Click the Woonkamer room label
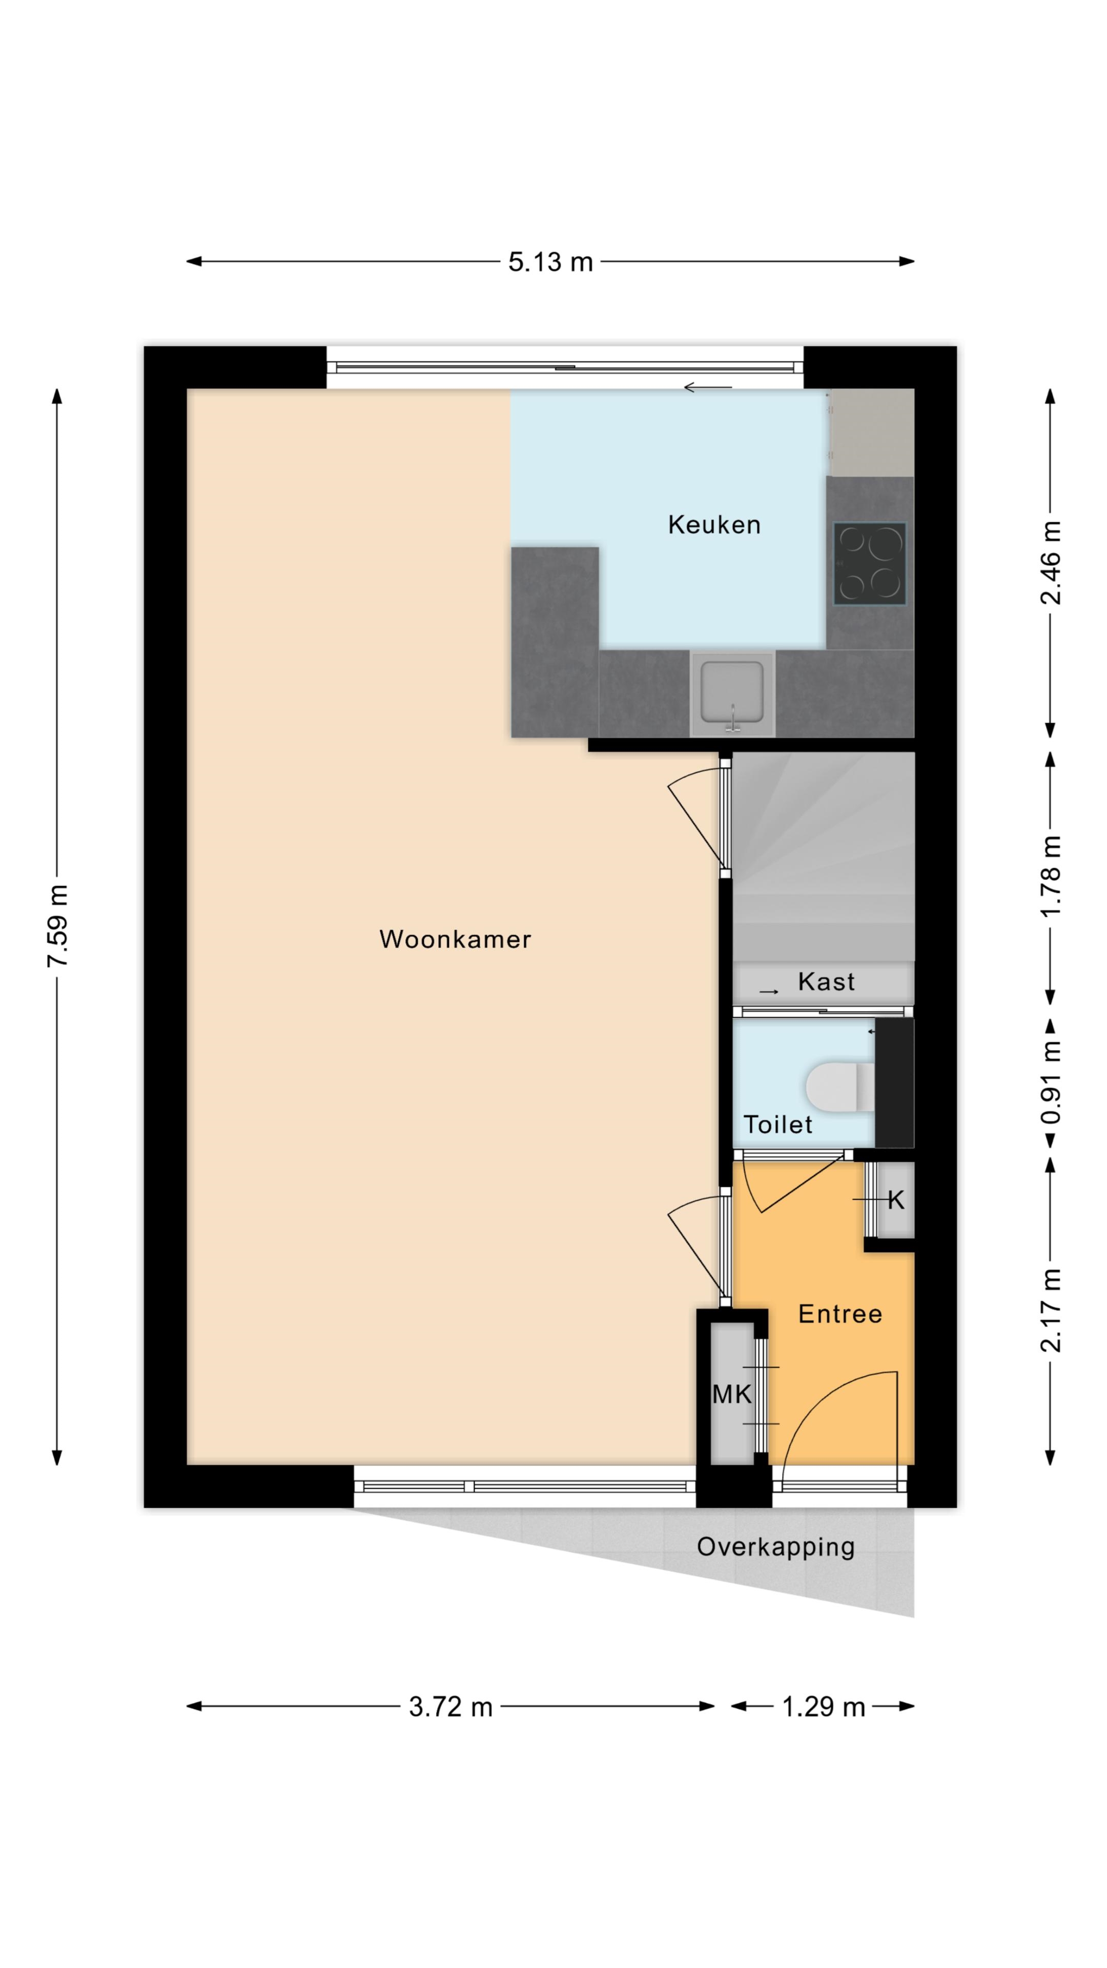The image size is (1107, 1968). click(x=455, y=939)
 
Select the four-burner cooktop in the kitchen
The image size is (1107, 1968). click(x=869, y=564)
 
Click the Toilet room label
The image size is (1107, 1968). click(x=778, y=1124)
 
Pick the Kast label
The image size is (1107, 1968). click(x=826, y=982)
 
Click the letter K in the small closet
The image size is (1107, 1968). click(x=895, y=1200)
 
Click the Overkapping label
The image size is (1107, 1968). click(x=775, y=1547)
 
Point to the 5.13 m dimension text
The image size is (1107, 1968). click(x=551, y=262)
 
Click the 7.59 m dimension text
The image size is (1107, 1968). click(x=57, y=926)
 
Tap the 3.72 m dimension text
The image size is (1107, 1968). click(x=451, y=1707)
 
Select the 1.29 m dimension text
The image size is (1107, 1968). click(x=824, y=1707)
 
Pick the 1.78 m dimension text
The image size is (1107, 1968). click(x=1051, y=876)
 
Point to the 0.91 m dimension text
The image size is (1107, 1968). click(x=1051, y=1082)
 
